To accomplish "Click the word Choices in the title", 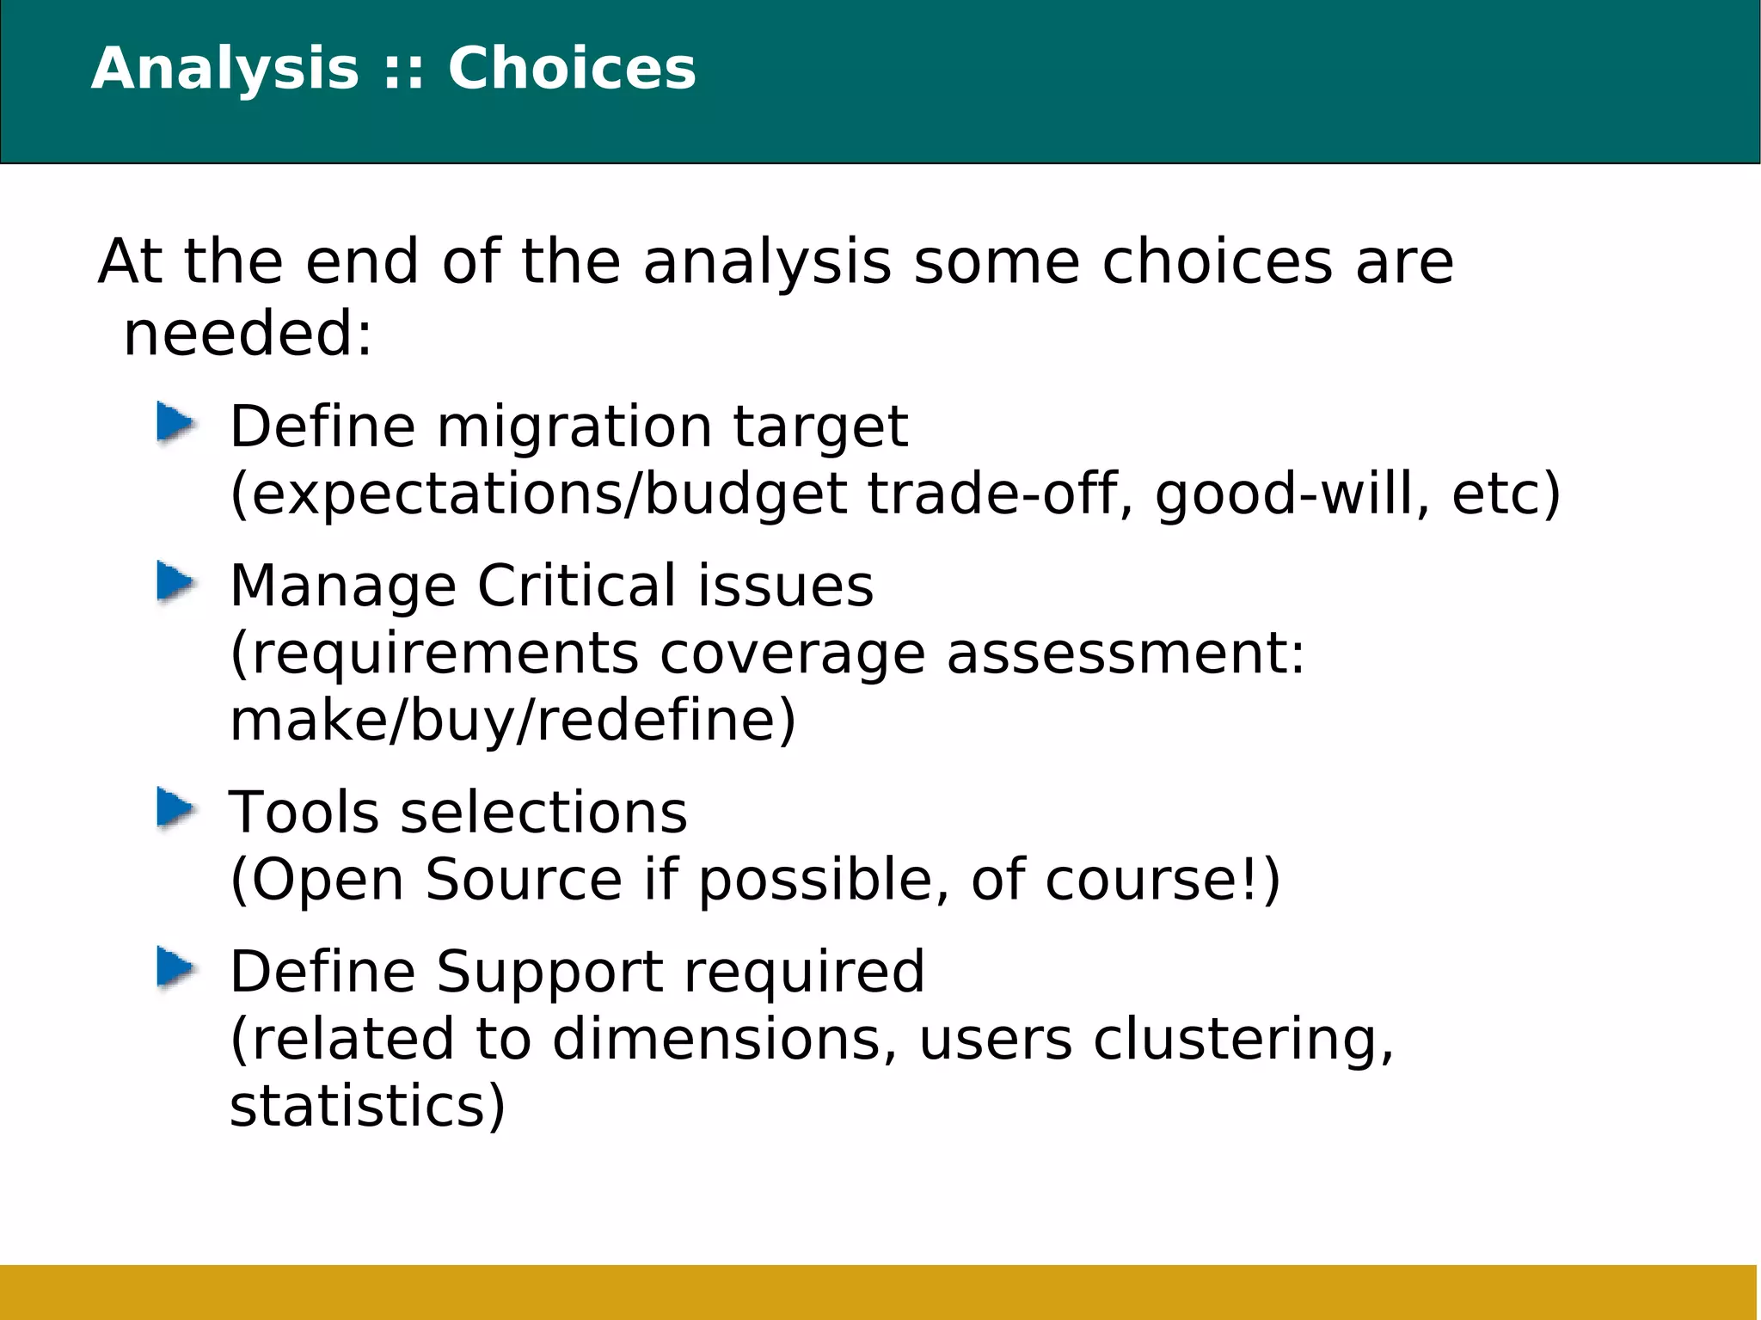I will click(x=572, y=68).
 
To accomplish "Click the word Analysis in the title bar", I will click(x=224, y=68).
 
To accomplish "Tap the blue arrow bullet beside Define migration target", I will click(x=176, y=424).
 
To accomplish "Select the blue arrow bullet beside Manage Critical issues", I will click(x=176, y=583).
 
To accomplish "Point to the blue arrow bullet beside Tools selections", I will click(x=176, y=810).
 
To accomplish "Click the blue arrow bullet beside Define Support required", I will click(x=176, y=969).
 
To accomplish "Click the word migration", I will click(x=574, y=427).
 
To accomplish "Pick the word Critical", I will click(x=577, y=586).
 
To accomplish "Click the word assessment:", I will click(x=1126, y=654).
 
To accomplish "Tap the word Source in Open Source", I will click(x=523, y=880).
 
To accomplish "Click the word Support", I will click(x=549, y=972).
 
